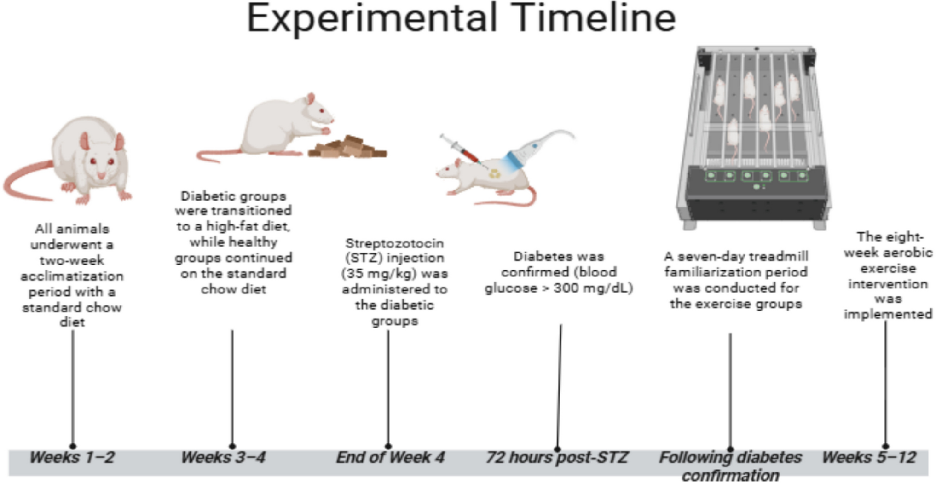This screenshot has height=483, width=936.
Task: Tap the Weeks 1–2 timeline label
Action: [72, 457]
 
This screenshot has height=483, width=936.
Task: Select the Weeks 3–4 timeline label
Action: [223, 457]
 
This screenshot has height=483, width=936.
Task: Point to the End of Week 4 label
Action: [390, 457]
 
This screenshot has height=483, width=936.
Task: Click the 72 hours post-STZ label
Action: [557, 458]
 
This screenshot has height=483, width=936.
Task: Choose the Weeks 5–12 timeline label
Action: [869, 457]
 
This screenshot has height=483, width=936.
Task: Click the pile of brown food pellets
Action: [347, 147]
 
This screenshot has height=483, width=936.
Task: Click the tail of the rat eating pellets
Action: [221, 155]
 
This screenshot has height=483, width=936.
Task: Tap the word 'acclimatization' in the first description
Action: [72, 276]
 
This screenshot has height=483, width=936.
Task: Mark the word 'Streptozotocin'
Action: [394, 243]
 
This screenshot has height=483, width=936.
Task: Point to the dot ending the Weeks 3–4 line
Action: [232, 446]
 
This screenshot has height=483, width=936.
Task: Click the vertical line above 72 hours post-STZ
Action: [559, 386]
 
